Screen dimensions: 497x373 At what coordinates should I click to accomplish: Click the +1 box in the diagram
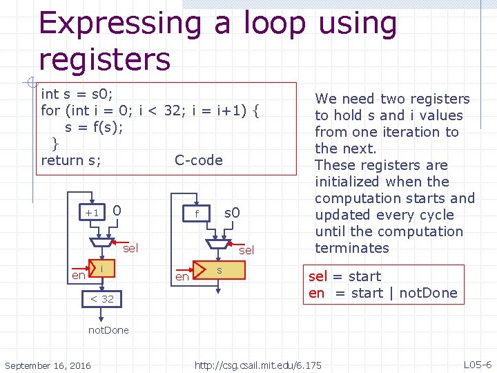tap(92, 212)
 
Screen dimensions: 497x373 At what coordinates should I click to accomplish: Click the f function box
tap(197, 213)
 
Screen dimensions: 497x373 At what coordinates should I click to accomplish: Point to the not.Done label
tap(108, 329)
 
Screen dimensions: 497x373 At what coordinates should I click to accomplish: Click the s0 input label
tap(232, 212)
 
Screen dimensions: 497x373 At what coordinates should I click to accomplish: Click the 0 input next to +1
tap(117, 209)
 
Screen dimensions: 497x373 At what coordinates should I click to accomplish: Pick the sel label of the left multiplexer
tap(130, 247)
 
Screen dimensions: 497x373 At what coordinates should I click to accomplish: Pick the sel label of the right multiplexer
tap(246, 250)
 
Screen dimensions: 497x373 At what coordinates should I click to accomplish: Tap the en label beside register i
tap(79, 275)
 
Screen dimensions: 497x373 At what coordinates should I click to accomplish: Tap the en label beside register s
tap(182, 276)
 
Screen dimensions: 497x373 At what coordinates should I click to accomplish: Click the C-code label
tap(199, 160)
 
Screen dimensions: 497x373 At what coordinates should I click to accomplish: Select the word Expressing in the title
tap(120, 23)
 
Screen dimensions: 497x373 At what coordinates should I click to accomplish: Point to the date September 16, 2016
tap(47, 365)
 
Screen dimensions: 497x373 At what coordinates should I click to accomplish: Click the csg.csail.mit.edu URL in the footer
tap(257, 365)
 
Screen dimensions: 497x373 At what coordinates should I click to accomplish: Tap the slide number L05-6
tap(478, 365)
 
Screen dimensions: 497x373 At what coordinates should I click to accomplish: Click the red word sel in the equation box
tap(318, 276)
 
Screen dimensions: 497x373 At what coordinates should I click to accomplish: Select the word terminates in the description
tap(352, 248)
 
